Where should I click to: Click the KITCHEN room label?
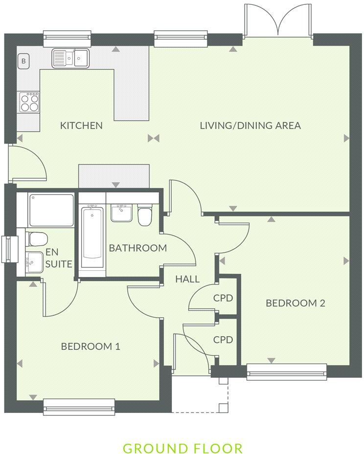click(81, 126)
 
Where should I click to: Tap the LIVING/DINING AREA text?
click(250, 126)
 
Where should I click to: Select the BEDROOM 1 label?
click(91, 346)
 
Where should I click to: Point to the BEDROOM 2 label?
click(296, 303)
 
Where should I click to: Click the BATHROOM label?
click(137, 248)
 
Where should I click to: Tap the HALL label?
click(187, 279)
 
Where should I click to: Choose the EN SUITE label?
click(59, 258)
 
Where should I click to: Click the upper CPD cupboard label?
click(223, 298)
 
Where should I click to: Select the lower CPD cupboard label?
click(223, 339)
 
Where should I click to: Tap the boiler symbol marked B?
click(23, 62)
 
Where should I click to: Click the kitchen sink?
click(71, 59)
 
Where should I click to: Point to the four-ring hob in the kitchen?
click(28, 102)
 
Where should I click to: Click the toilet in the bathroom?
click(145, 216)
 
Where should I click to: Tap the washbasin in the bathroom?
click(120, 213)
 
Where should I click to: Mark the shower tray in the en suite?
click(51, 210)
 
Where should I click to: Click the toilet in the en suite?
click(36, 239)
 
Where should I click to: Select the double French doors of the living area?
click(278, 21)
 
